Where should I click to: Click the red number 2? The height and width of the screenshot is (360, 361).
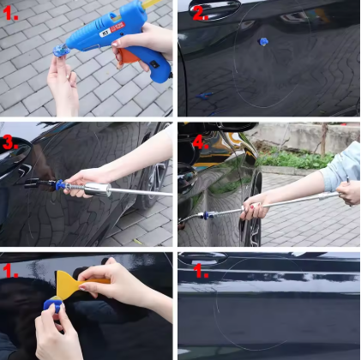tap(200, 14)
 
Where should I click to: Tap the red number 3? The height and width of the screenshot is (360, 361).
tap(10, 142)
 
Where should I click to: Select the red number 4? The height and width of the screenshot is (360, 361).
tap(201, 142)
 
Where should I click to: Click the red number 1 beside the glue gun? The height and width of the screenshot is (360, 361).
tap(10, 13)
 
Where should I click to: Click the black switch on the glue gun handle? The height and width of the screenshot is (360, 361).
tap(154, 64)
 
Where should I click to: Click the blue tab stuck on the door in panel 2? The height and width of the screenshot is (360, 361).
tap(263, 42)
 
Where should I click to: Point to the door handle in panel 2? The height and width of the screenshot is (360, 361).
tap(214, 9)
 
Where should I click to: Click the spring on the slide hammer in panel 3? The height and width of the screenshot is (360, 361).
tap(75, 187)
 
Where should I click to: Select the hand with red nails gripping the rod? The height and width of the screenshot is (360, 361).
tap(254, 208)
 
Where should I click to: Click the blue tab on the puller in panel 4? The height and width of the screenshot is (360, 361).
tap(207, 215)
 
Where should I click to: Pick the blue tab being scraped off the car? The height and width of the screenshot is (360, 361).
tap(53, 304)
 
